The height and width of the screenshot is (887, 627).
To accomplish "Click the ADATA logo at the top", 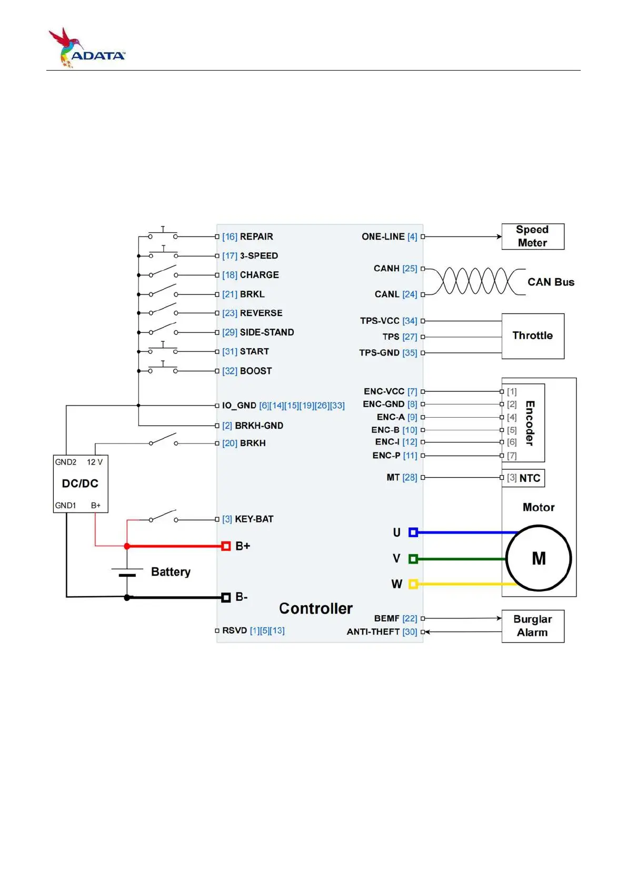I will [x=87, y=48].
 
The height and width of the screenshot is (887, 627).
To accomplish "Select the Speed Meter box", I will [x=532, y=236].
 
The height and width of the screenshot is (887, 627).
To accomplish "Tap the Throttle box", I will [x=532, y=336].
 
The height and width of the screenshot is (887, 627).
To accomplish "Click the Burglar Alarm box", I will [x=532, y=626].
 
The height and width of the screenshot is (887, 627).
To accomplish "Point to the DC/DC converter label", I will [x=80, y=484].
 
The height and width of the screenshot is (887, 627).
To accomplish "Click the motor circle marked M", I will [x=538, y=558].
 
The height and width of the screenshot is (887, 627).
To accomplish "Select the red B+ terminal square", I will [x=226, y=546].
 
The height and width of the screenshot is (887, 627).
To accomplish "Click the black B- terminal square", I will [x=226, y=597].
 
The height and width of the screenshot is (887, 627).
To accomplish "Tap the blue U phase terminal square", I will [x=413, y=533].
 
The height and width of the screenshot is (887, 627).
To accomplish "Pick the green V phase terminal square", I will [x=413, y=558].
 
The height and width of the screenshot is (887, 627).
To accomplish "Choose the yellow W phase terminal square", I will [x=413, y=584].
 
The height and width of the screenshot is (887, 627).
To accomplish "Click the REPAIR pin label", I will [x=256, y=237].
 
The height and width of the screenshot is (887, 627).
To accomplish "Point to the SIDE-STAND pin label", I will [x=266, y=332].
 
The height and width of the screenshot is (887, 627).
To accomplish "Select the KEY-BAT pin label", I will [x=254, y=519].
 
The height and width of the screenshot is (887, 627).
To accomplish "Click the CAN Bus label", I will [x=551, y=282].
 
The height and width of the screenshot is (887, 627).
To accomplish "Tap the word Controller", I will [x=315, y=609].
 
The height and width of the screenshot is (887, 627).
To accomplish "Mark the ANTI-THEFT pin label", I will [x=373, y=632].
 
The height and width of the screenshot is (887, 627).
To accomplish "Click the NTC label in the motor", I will [x=530, y=478].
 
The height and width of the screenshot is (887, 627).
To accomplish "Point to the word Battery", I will [x=171, y=572].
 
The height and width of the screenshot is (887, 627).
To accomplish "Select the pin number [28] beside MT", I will [x=410, y=478].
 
